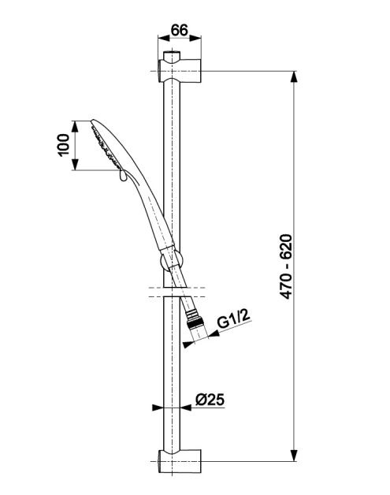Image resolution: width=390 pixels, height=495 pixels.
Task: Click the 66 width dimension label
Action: tap(179, 30)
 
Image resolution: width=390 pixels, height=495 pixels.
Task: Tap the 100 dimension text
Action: tap(64, 144)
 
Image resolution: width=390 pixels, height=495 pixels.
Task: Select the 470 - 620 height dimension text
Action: tap(287, 266)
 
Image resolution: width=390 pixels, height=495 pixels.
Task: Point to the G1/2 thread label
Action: tap(233, 318)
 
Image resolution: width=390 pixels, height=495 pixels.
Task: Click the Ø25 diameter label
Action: tap(210, 400)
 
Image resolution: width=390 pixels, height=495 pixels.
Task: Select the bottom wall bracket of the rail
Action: tap(179, 460)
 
